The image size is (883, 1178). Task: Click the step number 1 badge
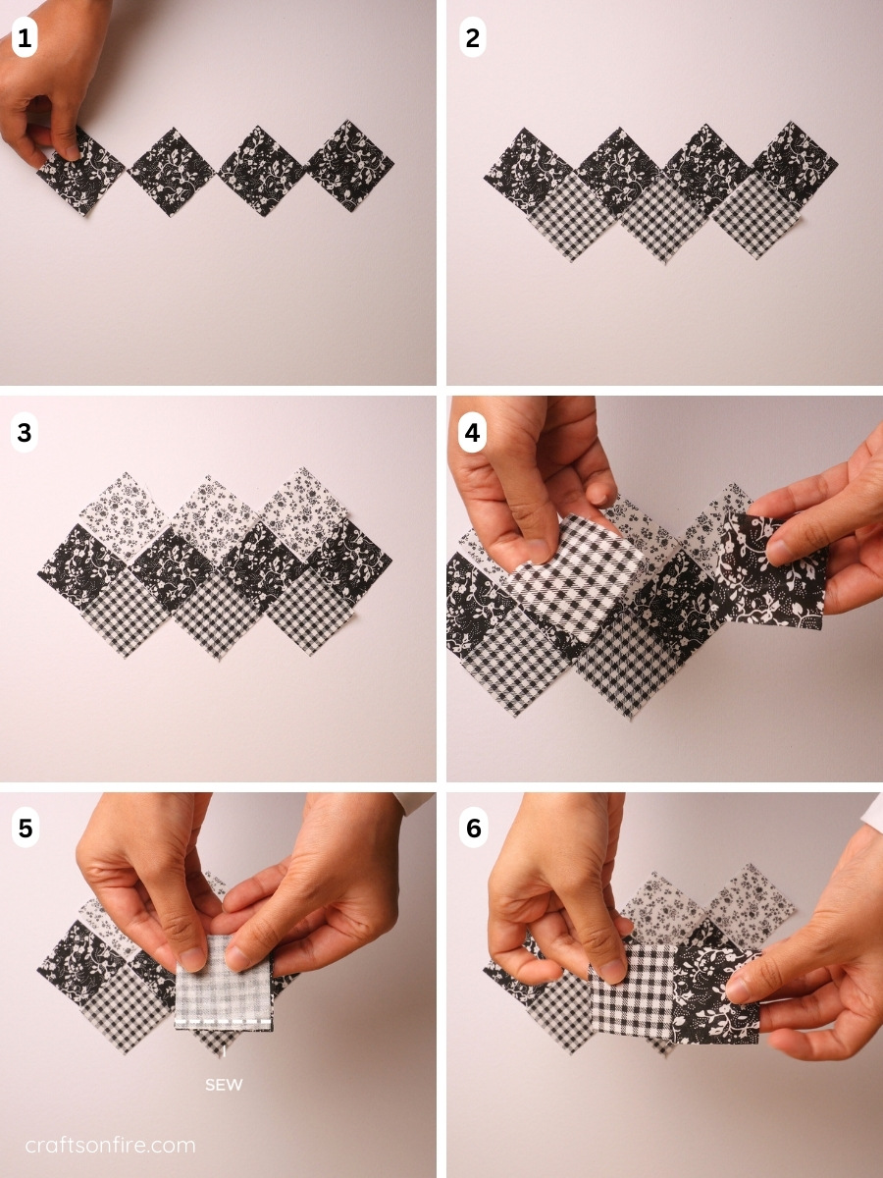pyautogui.click(x=25, y=38)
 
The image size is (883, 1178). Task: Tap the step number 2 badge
pyautogui.click(x=472, y=38)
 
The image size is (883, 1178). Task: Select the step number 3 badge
pyautogui.click(x=25, y=433)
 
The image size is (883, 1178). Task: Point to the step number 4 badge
pyautogui.click(x=472, y=433)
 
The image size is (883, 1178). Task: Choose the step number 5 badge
pyautogui.click(x=26, y=829)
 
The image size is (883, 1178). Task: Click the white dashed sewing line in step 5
pyautogui.click(x=224, y=1019)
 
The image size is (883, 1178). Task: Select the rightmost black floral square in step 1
pyautogui.click(x=349, y=165)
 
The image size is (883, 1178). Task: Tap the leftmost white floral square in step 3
pyautogui.click(x=124, y=515)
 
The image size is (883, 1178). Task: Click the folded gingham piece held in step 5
pyautogui.click(x=224, y=985)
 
